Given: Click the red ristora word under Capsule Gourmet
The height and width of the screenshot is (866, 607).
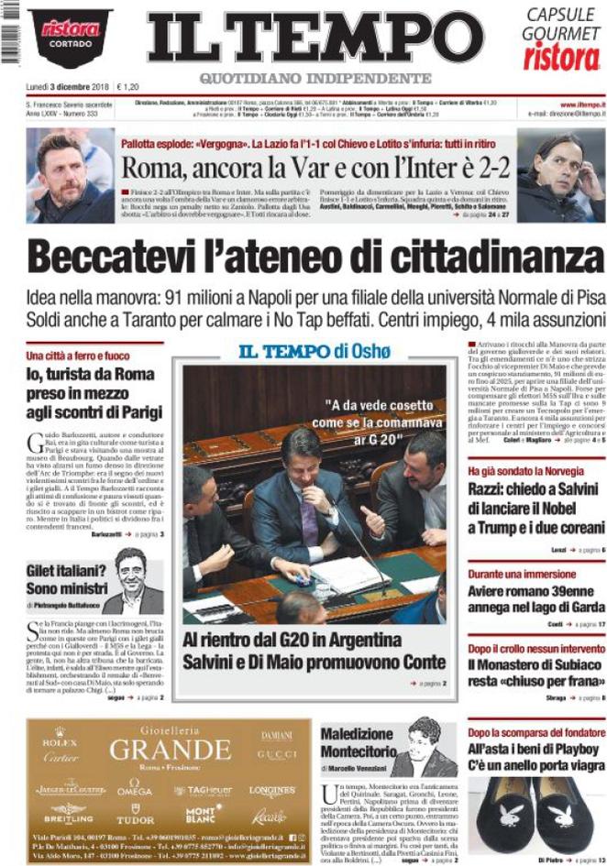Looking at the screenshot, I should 561,57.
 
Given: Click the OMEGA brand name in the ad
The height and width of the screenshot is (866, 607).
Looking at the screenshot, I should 135,790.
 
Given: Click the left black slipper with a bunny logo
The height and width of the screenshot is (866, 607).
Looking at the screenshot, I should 499,810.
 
